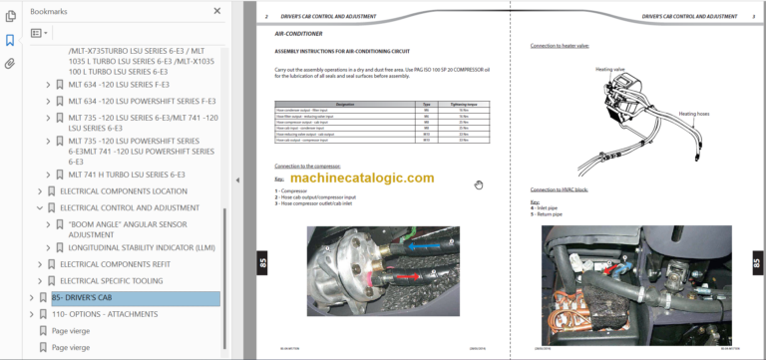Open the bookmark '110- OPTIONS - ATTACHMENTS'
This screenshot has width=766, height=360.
pos(105,314)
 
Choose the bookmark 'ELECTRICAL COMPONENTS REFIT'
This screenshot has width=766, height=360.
pos(116,264)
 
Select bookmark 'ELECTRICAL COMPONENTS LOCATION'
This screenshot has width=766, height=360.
pos(123,190)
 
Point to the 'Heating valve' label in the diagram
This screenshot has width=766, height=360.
pos(609,70)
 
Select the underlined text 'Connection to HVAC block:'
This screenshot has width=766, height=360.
pos(561,188)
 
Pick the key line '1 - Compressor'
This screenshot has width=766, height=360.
pos(296,189)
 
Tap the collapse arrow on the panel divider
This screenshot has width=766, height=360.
pos(237,180)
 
